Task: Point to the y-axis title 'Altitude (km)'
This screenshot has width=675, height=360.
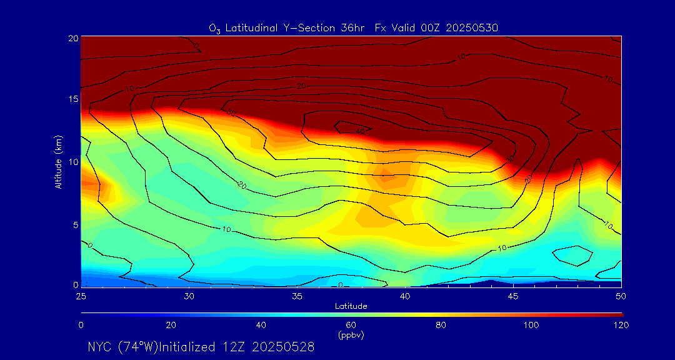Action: tap(58, 161)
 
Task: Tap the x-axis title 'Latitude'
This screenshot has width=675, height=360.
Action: tap(351, 306)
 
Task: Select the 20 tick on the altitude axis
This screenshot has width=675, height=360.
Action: tap(72, 37)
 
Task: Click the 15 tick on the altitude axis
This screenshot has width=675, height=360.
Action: tap(72, 99)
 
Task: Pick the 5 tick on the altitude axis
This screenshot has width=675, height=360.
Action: tap(74, 224)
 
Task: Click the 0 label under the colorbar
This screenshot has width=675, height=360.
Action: tap(81, 325)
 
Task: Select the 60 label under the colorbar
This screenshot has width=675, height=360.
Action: tap(351, 325)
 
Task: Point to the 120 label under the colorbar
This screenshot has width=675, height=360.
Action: tap(621, 325)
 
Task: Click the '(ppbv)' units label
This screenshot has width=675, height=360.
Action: tap(351, 335)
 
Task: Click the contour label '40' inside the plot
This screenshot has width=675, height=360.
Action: tap(360, 131)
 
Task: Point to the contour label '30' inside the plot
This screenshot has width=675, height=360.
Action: tap(230, 113)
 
